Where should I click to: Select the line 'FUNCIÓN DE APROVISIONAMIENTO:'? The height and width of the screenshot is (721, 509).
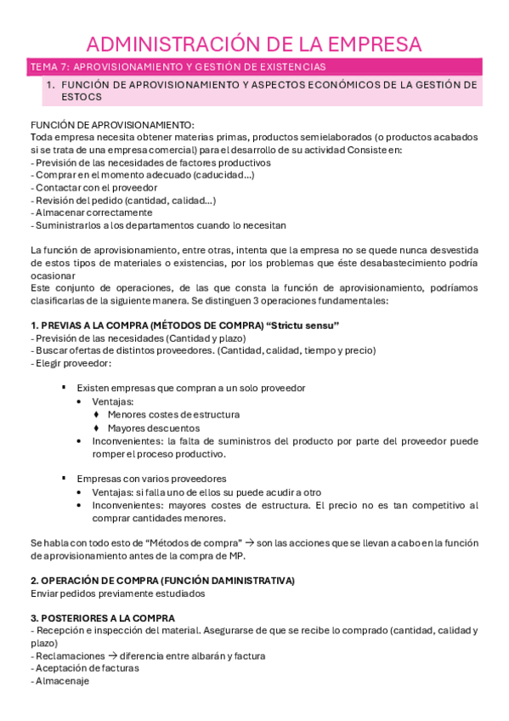point(112,124)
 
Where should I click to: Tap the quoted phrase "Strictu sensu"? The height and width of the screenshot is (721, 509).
point(303,326)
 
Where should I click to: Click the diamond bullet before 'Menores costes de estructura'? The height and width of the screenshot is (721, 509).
point(97,415)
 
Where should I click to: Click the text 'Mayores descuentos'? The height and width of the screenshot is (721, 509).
point(154,429)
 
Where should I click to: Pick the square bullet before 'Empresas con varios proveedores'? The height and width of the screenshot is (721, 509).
point(65,478)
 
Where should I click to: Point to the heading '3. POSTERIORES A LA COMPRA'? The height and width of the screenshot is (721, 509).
point(102,618)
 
